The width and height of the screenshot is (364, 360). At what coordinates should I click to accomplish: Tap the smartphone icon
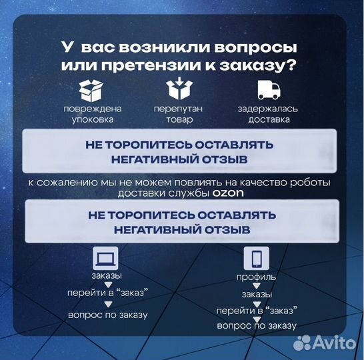tap(257, 259)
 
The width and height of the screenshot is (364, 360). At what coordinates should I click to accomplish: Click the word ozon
tap(229, 193)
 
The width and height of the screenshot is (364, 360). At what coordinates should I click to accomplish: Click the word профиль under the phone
tap(257, 277)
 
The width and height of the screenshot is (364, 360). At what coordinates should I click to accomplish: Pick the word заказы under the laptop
tap(107, 275)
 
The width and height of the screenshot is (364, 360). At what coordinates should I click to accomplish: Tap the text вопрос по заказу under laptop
tap(107, 315)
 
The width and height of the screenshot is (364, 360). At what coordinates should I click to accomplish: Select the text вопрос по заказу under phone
tap(257, 325)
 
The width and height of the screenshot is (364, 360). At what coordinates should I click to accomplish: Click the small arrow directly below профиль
tap(257, 285)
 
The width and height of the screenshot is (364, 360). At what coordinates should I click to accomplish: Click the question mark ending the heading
tap(293, 67)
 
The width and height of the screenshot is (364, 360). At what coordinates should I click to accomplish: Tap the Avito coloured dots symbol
tap(303, 343)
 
